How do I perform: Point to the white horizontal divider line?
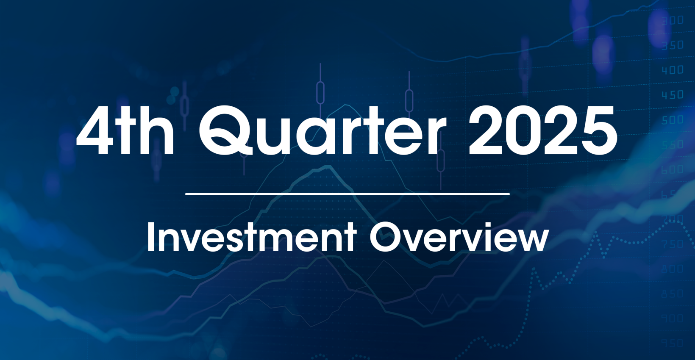pos(347,194)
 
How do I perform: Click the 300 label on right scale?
pos(673,20)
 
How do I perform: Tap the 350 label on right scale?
pos(673,45)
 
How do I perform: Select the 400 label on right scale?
pos(673,70)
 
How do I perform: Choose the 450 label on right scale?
pos(673,95)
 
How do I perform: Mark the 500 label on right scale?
pos(673,120)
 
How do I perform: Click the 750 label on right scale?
pos(673,244)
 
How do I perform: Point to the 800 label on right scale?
pos(673,269)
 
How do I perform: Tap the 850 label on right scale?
pos(673,294)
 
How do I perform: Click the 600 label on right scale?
pos(673,169)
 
